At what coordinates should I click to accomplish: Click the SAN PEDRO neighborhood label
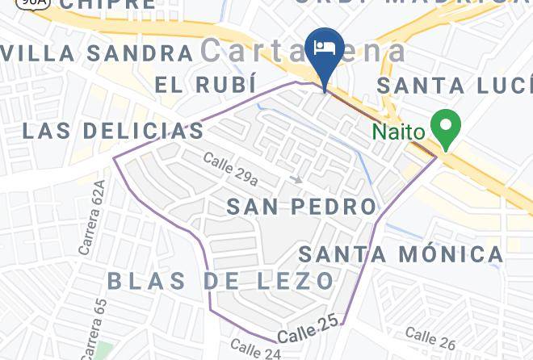point(301,207)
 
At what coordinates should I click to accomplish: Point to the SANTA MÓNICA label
point(401,254)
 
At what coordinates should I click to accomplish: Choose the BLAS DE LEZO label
point(220,281)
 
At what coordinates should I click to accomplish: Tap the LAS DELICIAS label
point(112,131)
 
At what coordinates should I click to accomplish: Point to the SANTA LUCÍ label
point(455,85)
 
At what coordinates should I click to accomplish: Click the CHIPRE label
point(107,4)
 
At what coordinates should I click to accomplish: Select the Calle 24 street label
point(255,350)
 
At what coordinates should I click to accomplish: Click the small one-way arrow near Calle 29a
point(298,179)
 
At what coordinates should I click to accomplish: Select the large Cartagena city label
point(304,50)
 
